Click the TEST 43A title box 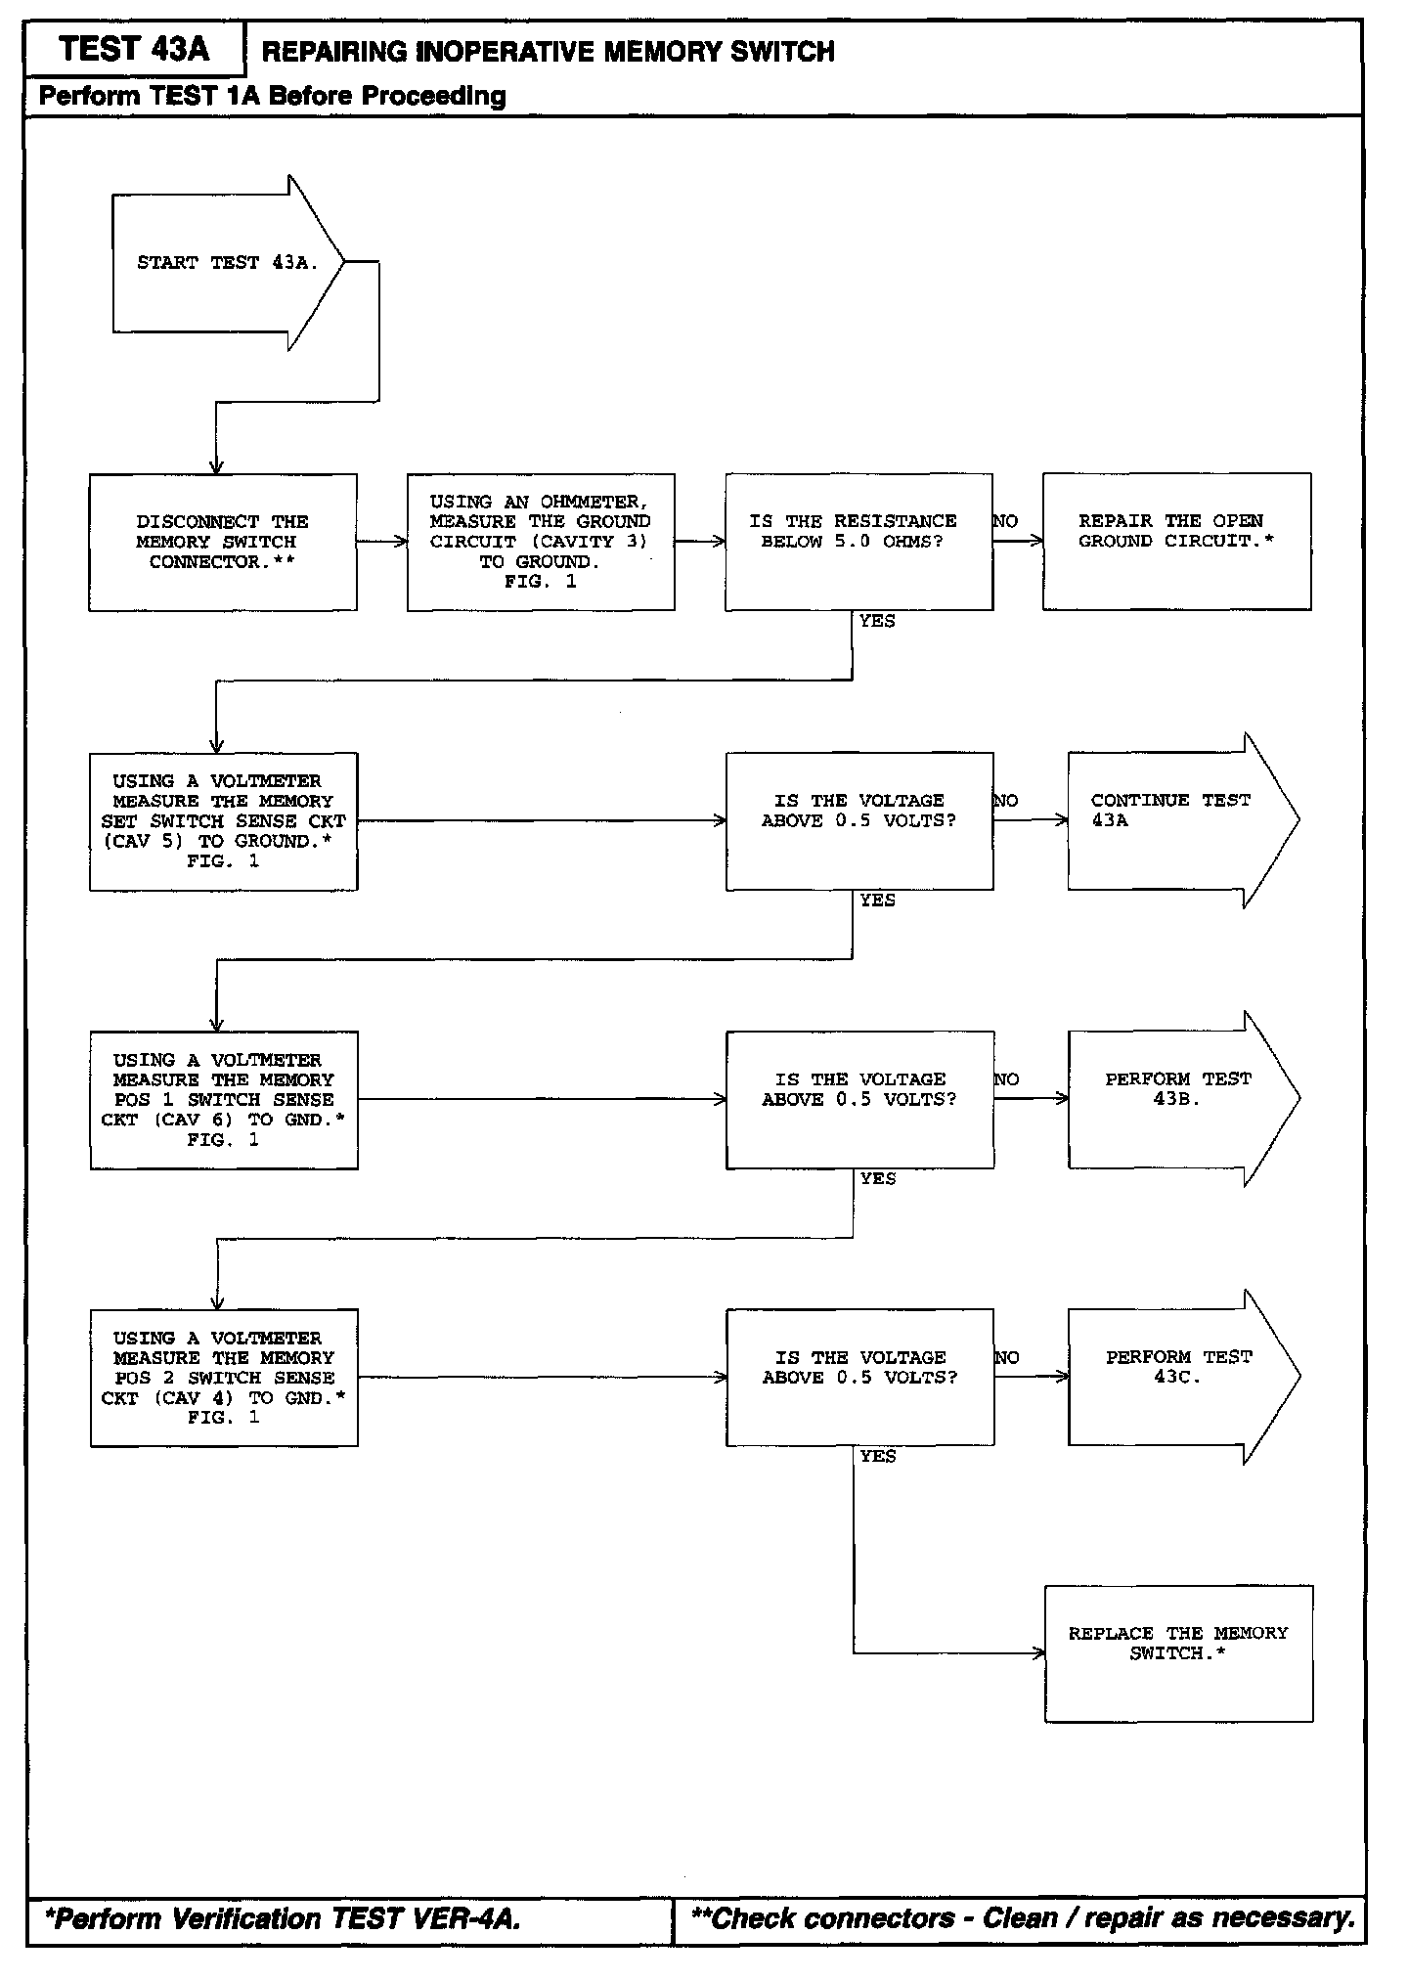(x=134, y=49)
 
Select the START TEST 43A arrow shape (x=228, y=263)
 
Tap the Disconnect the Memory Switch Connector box (x=223, y=542)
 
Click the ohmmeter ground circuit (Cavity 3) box (x=541, y=542)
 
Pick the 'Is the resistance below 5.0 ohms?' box (x=858, y=542)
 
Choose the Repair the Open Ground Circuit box (x=1176, y=542)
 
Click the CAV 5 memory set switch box (x=223, y=821)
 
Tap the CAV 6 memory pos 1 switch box (x=224, y=1100)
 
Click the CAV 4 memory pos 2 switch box (x=224, y=1378)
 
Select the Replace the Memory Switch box (x=1178, y=1653)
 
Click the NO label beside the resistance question (x=1005, y=521)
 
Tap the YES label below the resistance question (x=877, y=621)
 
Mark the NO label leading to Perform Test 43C (x=1006, y=1357)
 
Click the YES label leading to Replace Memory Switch (x=878, y=1456)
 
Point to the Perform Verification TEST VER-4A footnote (x=284, y=1918)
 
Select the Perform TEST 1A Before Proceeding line (x=273, y=96)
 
